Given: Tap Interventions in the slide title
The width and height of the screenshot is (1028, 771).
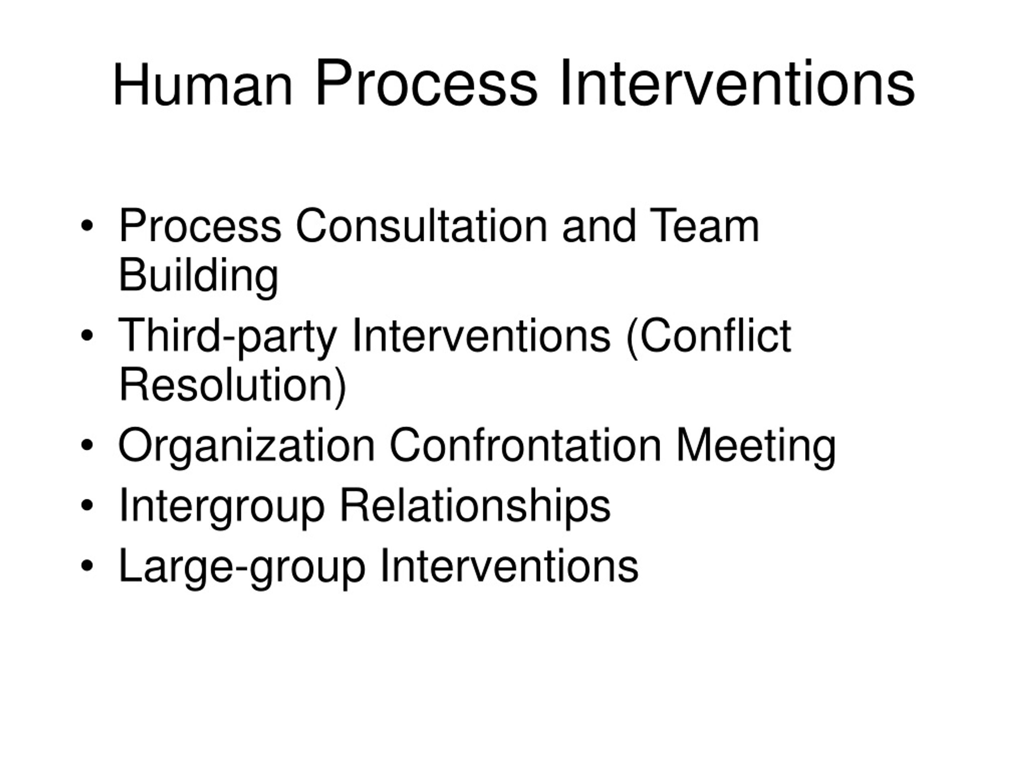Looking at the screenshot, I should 737,84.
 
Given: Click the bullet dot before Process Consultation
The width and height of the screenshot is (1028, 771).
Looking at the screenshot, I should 86,226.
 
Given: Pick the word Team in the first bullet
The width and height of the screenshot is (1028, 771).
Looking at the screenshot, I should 704,226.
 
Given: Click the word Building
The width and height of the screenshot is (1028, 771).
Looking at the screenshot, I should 198,275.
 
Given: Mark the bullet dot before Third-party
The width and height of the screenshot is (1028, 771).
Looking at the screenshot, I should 86,336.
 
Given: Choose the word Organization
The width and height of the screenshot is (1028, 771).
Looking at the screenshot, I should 246,446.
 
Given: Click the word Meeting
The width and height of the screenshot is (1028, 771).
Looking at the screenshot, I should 756,446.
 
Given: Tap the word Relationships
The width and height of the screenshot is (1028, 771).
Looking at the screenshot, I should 475,506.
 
